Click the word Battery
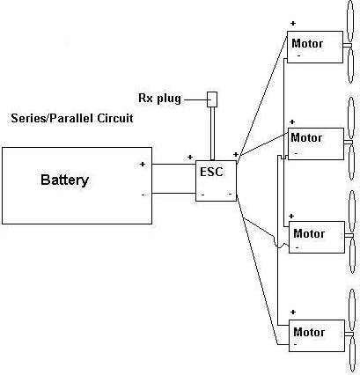pos(64,180)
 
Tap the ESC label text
pos(211,172)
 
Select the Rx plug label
pos(159,99)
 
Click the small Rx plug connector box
pos(212,99)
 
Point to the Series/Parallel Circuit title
pos(72,118)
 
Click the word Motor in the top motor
pos(307,44)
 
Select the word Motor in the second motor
pos(306,137)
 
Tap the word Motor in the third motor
pos(309,233)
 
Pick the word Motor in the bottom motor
pos(309,332)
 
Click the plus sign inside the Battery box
pos(143,164)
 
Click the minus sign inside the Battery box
pos(143,195)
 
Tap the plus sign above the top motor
pos(293,23)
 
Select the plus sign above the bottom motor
pos(293,312)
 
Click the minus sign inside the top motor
pos(298,55)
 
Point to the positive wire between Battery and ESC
pos(173,164)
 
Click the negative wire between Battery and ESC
pos(173,193)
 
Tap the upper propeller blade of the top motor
pos(349,20)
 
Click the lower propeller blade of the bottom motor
pos(352,355)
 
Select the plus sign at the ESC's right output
pos(235,154)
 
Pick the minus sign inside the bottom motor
pos(295,344)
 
